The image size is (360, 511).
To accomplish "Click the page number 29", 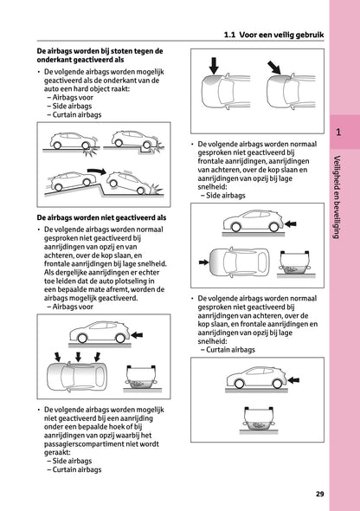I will click(x=319, y=494).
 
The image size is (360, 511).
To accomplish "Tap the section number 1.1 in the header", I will click(x=230, y=36).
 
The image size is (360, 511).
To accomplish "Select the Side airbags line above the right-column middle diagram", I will click(x=227, y=196).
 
